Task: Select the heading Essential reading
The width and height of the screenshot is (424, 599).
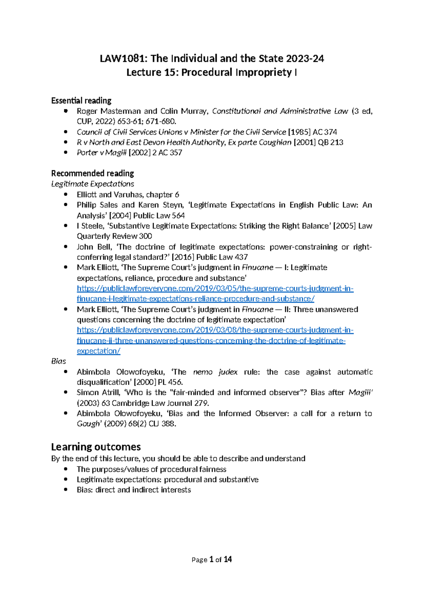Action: click(81, 101)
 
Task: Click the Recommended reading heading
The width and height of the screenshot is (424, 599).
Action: click(93, 173)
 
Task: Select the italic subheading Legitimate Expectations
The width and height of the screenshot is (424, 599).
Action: click(93, 184)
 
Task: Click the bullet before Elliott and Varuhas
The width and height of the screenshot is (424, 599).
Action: click(65, 195)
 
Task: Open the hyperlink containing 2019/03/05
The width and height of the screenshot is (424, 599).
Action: click(215, 289)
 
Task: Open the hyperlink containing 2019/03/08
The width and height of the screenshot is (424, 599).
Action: click(215, 330)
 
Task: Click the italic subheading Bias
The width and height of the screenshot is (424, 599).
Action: click(59, 361)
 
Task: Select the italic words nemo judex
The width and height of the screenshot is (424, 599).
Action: click(215, 372)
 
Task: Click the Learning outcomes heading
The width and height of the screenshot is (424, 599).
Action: click(96, 447)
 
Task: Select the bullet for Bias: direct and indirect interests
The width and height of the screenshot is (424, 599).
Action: click(65, 490)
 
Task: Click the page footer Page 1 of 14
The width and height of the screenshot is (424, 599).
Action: click(212, 559)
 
